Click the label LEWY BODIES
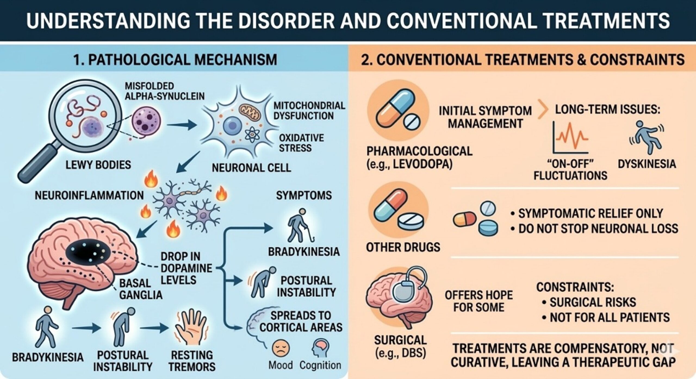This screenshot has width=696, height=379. pyautogui.click(x=98, y=165)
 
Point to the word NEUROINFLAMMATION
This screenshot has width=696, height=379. pyautogui.click(x=89, y=195)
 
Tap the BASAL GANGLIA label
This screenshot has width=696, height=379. pyautogui.click(x=140, y=289)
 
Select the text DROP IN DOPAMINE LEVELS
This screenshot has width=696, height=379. pyautogui.click(x=186, y=268)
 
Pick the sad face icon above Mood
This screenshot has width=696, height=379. pyautogui.click(x=280, y=349)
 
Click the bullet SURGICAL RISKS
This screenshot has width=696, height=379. pyautogui.click(x=592, y=302)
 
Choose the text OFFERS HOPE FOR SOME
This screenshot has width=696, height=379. pyautogui.click(x=478, y=301)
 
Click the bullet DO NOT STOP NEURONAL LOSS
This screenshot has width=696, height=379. pyautogui.click(x=598, y=229)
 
